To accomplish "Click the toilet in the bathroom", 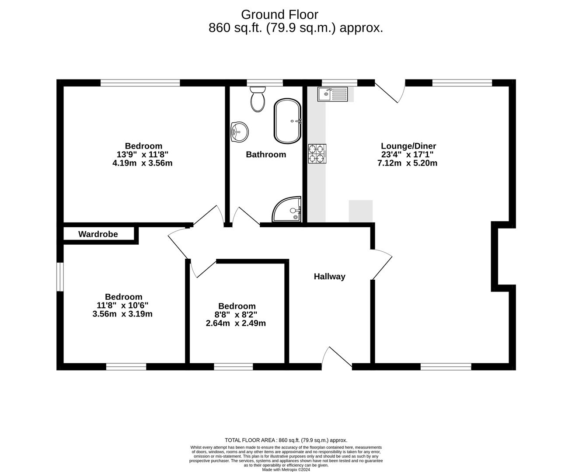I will coord(258,99).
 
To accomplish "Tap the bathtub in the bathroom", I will coord(288,121).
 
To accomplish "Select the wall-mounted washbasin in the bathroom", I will coord(239,131).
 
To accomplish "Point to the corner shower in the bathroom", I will coord(288,210).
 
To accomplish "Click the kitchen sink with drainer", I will coord(333,94).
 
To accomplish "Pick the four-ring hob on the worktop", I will coord(317,153).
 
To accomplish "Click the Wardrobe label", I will coord(98,234).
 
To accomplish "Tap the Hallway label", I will coord(329,276).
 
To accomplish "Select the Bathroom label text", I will coord(266,154).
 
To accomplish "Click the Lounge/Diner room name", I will coord(408,146).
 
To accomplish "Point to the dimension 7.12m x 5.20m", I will coord(407,163).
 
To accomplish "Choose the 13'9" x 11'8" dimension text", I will coord(143,154).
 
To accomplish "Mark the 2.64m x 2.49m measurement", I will coord(236,323).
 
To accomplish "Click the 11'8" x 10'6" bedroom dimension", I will coord(122,305).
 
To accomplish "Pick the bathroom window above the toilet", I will coord(265,83).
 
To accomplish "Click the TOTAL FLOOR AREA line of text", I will coord(286,440).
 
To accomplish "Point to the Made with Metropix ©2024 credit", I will coord(286,469).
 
